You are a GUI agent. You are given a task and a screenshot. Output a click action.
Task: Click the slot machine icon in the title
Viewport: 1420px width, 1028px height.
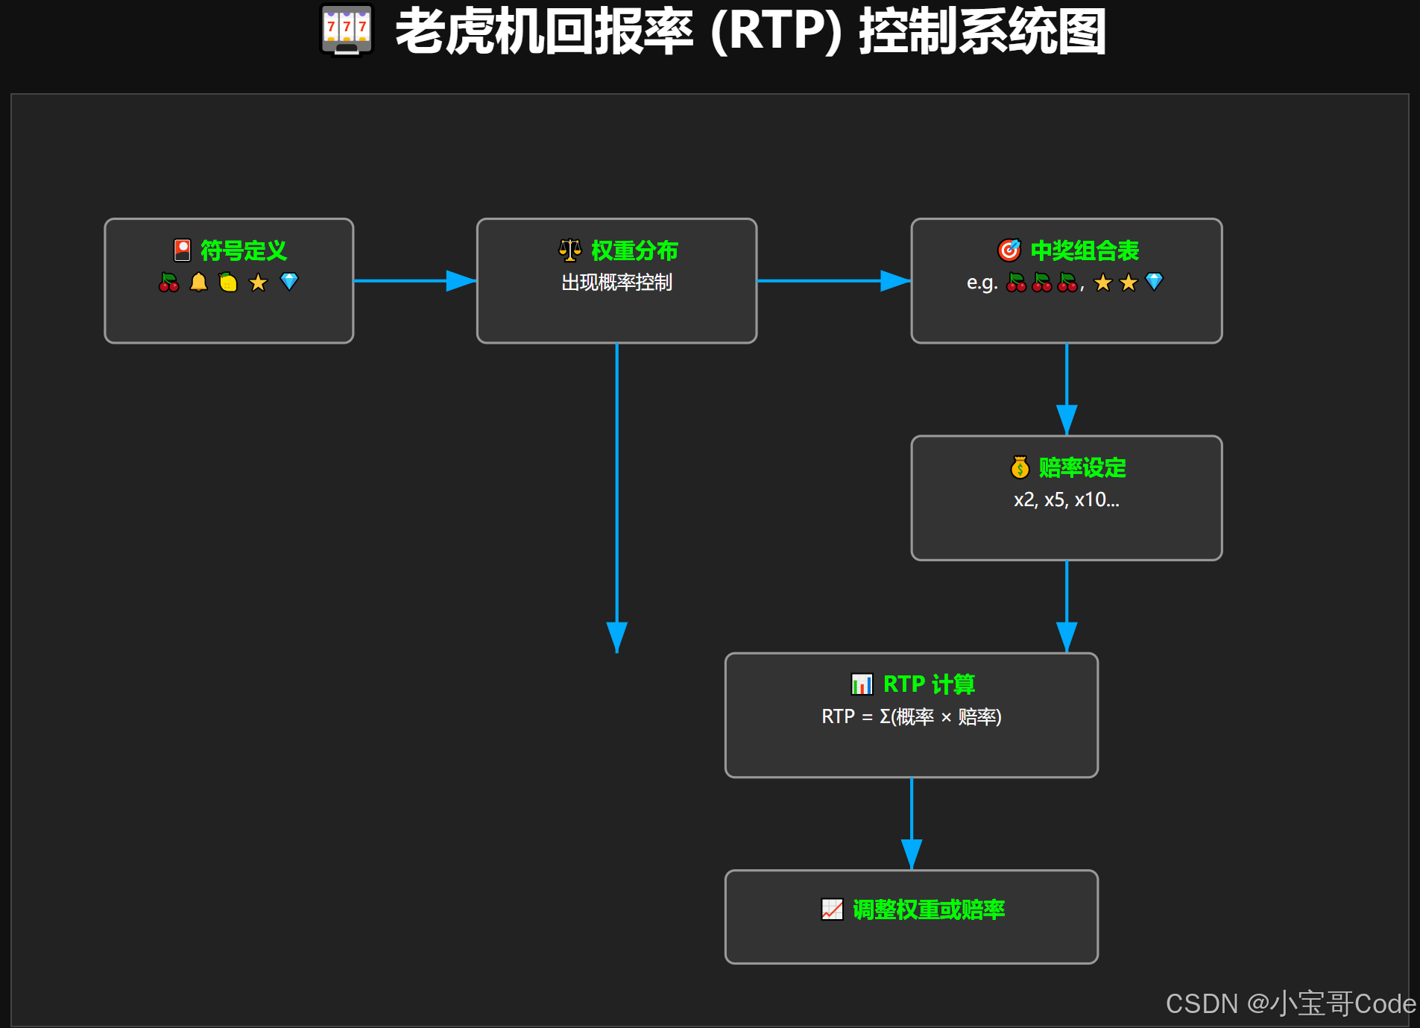(x=347, y=31)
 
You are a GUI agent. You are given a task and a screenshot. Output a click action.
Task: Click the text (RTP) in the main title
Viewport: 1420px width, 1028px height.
(x=776, y=31)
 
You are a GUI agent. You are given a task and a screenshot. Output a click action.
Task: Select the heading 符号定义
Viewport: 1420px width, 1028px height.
(x=243, y=250)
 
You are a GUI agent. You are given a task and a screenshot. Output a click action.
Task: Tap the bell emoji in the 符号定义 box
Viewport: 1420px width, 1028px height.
(x=198, y=282)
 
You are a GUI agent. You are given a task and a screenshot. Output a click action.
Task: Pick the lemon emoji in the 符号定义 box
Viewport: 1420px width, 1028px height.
(x=228, y=282)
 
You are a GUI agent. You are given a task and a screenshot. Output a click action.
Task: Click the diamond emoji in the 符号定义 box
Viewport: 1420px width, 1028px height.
(x=289, y=281)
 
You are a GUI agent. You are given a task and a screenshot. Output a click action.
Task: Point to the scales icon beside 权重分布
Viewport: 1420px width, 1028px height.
(x=570, y=250)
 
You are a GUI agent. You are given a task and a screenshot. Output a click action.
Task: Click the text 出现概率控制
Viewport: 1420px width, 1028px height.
(x=616, y=283)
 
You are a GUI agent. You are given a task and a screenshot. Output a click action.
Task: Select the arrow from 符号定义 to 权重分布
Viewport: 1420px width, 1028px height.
(x=414, y=281)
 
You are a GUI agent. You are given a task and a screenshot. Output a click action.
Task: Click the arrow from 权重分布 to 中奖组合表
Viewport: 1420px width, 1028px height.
(x=833, y=281)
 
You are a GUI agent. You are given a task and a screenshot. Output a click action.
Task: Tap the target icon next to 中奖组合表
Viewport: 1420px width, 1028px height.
(x=1009, y=250)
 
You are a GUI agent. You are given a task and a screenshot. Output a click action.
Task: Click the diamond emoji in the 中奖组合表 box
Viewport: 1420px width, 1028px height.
(x=1154, y=281)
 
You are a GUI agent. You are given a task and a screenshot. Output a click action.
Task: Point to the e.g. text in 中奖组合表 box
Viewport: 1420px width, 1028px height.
(x=982, y=283)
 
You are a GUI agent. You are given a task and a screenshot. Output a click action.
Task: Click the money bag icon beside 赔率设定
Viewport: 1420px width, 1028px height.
(x=1020, y=467)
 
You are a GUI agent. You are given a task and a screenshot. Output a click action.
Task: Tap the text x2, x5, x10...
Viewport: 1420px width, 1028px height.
(x=1066, y=499)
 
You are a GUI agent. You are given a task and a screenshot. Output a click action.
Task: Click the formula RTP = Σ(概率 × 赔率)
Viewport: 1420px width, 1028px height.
(x=911, y=716)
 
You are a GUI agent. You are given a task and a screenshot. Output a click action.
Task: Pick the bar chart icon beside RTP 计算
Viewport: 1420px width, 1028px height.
(x=862, y=684)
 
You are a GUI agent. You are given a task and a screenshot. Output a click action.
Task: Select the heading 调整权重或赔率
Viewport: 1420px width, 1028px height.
(x=928, y=909)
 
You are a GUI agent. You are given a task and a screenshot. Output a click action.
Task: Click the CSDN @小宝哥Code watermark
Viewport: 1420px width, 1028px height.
(x=1290, y=1003)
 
